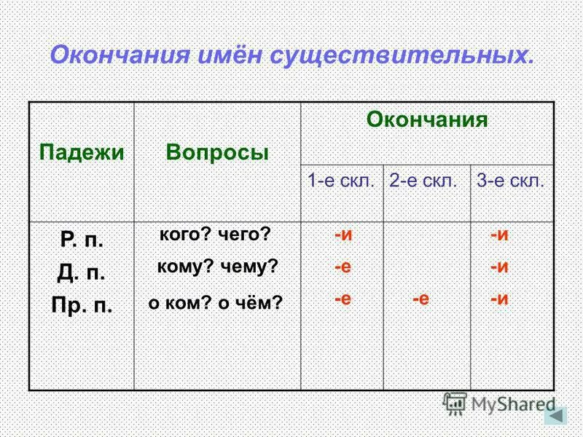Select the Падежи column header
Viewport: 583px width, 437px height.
[81, 152]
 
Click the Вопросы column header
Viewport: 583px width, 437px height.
[217, 152]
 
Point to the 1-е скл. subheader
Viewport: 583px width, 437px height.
[341, 181]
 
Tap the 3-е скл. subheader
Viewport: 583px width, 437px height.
[511, 181]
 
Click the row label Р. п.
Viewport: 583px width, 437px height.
[82, 238]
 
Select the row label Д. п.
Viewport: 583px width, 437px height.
[82, 272]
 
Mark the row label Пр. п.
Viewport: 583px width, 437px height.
[82, 304]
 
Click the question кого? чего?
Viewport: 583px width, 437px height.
[215, 235]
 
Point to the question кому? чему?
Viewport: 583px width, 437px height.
[218, 267]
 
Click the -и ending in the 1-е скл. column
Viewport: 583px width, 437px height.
[343, 235]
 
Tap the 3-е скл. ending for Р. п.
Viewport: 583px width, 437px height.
[499, 235]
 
